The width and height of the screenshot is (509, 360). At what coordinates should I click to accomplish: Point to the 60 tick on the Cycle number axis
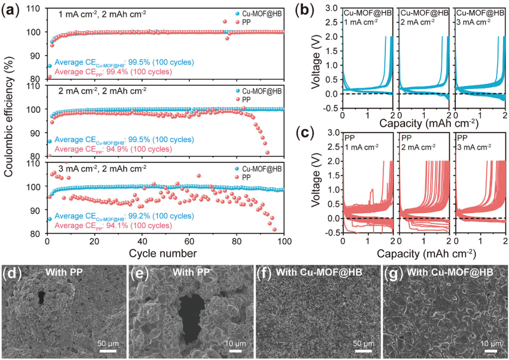coord(189,241)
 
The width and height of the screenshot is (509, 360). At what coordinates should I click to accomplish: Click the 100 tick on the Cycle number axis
coord(284,241)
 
